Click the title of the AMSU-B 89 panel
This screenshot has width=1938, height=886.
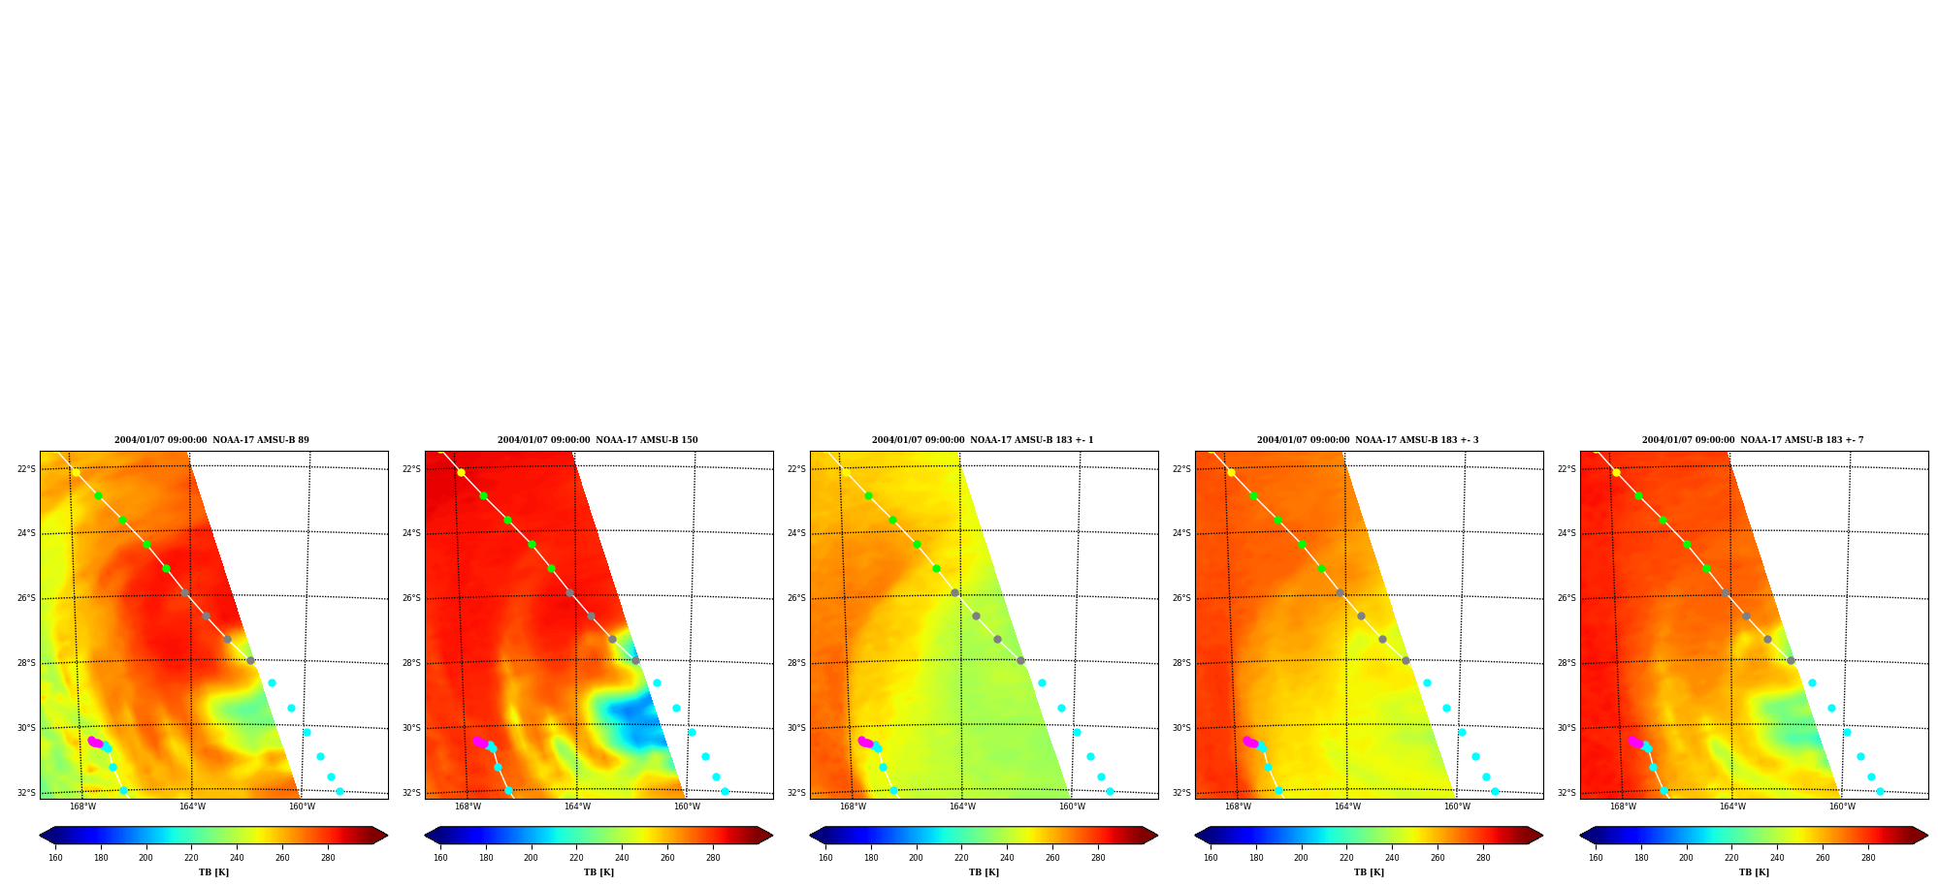click(x=211, y=440)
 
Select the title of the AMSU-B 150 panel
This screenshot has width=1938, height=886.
click(x=598, y=440)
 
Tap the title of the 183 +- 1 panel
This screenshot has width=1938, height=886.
click(x=983, y=440)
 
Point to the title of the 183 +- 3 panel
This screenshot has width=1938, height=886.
click(x=1368, y=440)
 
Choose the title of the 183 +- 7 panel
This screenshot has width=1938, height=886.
click(x=1753, y=440)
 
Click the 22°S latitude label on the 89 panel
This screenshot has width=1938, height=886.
click(x=26, y=469)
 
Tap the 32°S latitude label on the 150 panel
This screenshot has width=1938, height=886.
click(x=411, y=793)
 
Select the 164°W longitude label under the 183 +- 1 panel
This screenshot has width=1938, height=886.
click(x=962, y=807)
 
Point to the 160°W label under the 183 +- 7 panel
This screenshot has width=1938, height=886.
click(x=1842, y=807)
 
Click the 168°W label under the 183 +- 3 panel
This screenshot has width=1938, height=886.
click(x=1238, y=807)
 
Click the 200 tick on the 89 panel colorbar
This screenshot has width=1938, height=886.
click(x=145, y=858)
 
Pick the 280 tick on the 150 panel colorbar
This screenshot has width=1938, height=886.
click(x=713, y=858)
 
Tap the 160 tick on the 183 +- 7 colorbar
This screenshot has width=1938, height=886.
click(x=1596, y=858)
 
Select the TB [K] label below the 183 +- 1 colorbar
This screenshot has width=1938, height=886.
click(x=984, y=872)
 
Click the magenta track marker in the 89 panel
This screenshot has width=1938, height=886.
click(x=95, y=743)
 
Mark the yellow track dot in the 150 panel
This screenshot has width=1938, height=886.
click(x=461, y=473)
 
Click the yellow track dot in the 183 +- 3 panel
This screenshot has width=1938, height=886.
click(x=1231, y=473)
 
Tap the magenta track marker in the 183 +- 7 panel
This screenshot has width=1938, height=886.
click(x=1635, y=743)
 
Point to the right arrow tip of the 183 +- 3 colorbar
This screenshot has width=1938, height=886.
click(x=1542, y=836)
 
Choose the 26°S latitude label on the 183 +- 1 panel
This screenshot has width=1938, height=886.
click(x=796, y=598)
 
